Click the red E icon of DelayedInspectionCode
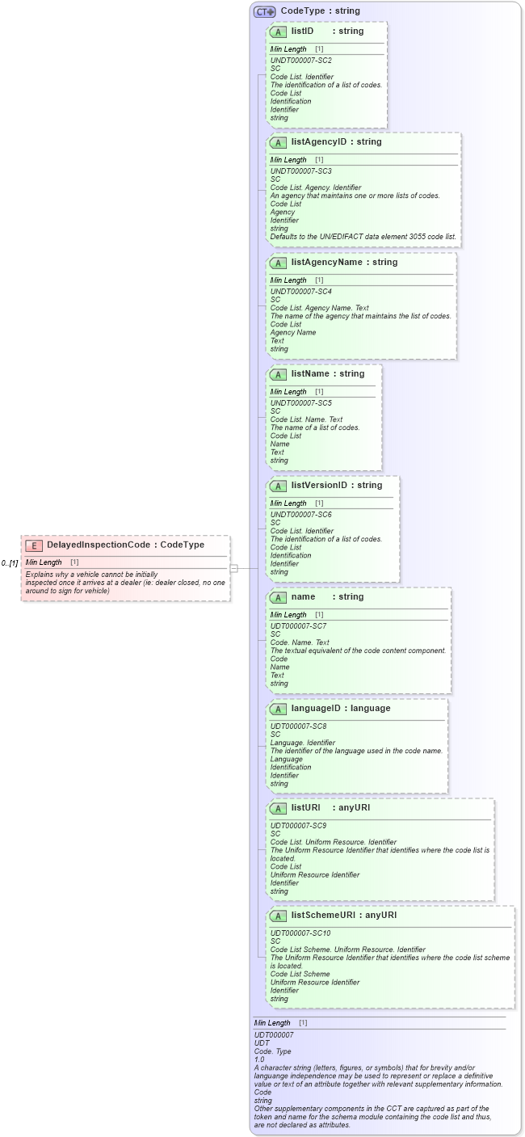[34, 545]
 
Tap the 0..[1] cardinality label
[10, 562]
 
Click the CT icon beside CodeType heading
[264, 11]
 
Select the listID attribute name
[302, 31]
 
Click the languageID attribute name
[319, 708]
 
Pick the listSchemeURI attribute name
[321, 915]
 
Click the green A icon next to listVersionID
[278, 486]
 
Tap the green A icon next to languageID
[278, 709]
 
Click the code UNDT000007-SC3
[300, 171]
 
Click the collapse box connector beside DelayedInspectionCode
[234, 568]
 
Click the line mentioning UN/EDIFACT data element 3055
[363, 237]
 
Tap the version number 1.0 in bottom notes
[259, 1059]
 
